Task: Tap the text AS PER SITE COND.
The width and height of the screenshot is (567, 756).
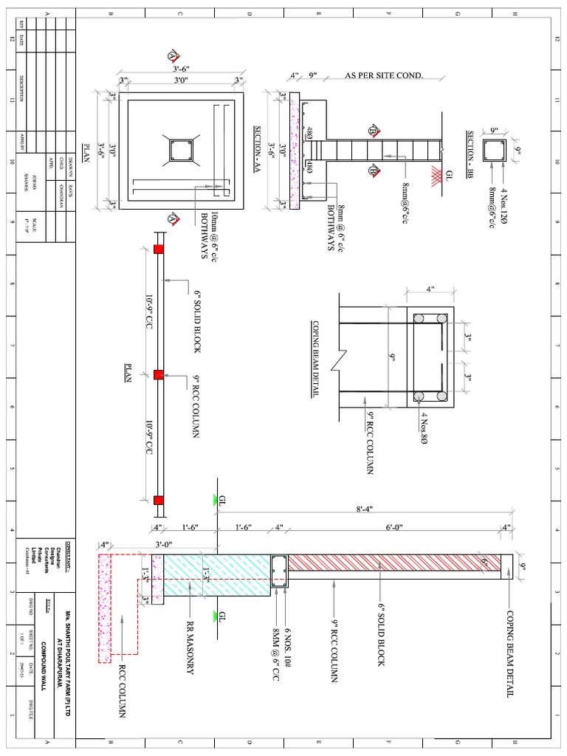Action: [x=384, y=75]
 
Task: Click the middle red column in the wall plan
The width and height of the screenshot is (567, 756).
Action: [x=157, y=375]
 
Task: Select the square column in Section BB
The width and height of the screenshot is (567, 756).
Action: [x=494, y=152]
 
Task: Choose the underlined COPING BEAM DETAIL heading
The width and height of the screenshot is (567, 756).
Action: [x=315, y=360]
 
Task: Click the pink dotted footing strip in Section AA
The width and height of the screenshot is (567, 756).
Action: [x=294, y=151]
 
